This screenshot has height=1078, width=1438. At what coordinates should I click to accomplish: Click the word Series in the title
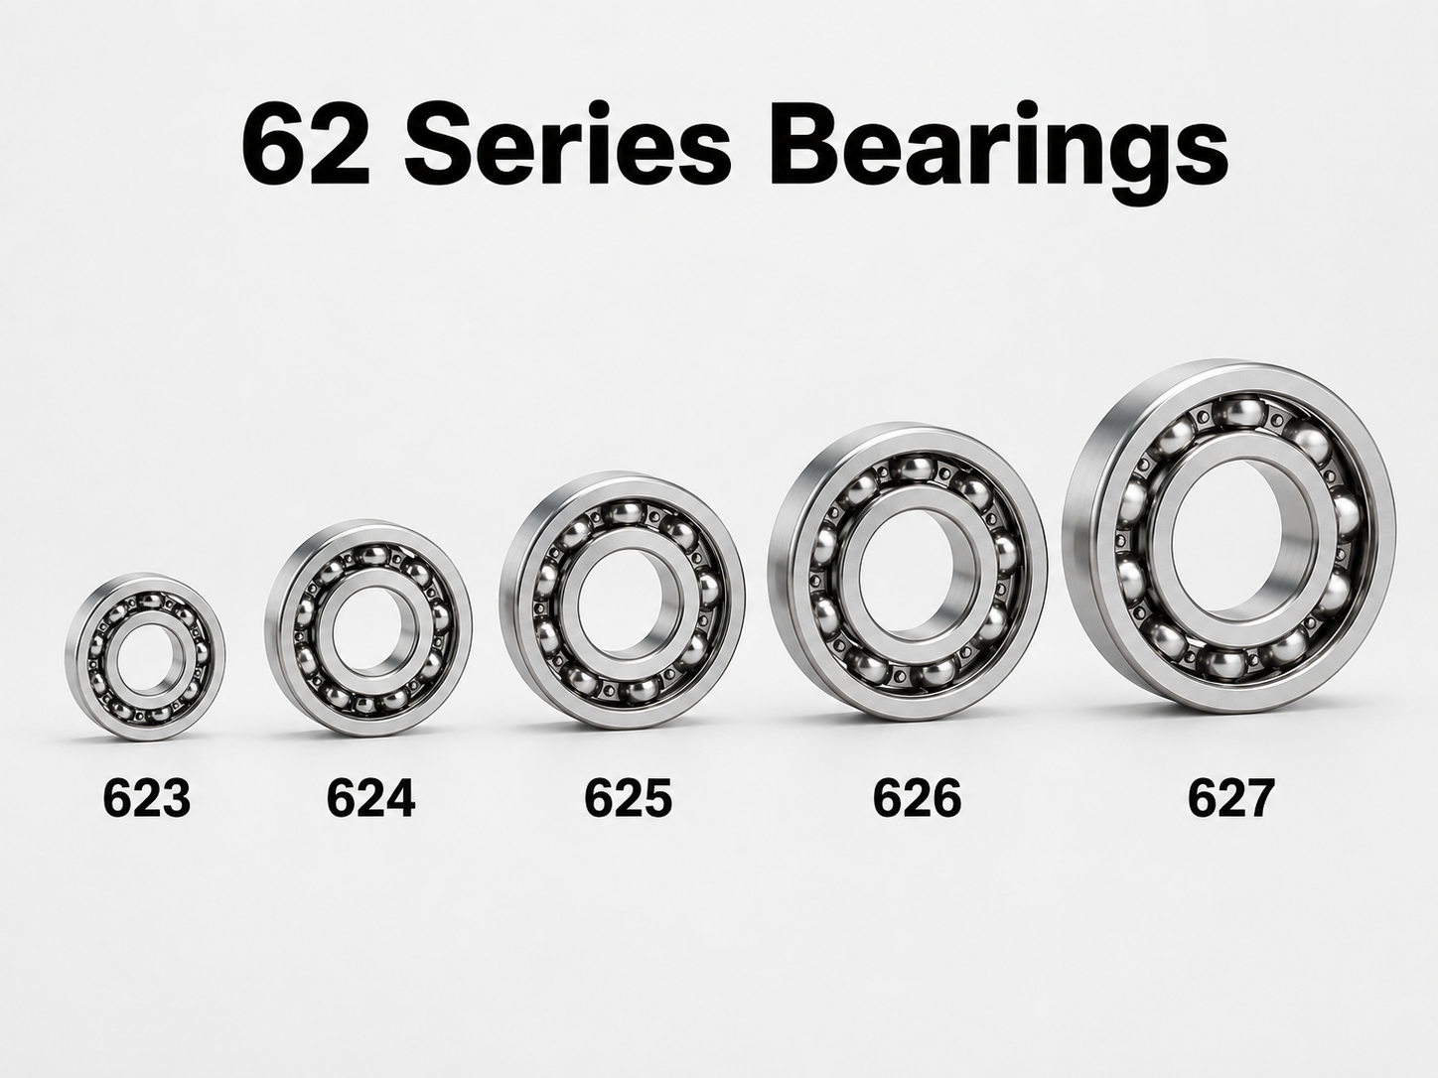[x=567, y=142]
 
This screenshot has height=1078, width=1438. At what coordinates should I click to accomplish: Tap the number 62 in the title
[x=305, y=142]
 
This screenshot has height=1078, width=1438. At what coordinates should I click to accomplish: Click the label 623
[x=147, y=798]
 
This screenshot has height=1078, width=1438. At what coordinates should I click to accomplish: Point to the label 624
[x=370, y=798]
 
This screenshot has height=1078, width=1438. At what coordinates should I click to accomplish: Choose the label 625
[x=629, y=798]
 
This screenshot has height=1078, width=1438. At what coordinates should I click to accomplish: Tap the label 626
[x=918, y=798]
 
